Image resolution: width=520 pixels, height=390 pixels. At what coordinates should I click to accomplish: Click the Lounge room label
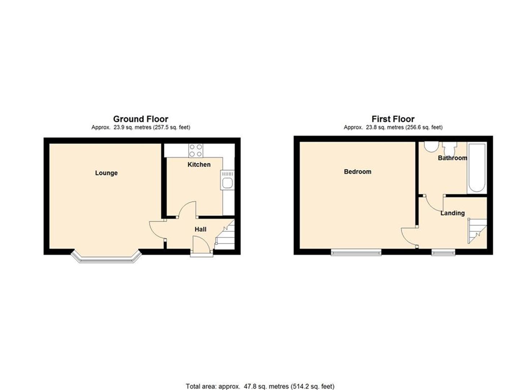tap(106, 173)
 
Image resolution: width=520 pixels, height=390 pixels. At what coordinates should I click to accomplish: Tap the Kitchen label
tap(199, 165)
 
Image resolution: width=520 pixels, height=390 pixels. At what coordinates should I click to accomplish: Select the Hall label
tap(200, 229)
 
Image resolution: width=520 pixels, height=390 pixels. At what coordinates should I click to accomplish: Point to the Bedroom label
tap(357, 172)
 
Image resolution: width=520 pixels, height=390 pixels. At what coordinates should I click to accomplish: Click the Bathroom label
tap(452, 158)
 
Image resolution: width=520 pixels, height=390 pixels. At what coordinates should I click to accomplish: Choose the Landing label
tap(452, 213)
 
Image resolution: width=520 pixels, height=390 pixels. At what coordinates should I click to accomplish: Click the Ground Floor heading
tap(140, 119)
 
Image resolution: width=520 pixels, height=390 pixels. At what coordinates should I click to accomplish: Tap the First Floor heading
tap(393, 119)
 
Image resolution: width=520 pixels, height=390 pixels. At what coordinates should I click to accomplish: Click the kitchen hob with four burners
tap(196, 150)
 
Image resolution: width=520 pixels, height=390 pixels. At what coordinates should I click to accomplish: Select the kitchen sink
tap(227, 181)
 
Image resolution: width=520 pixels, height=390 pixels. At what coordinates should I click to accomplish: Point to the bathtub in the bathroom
tap(476, 167)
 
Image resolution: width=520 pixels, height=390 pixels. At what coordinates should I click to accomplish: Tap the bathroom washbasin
tap(450, 148)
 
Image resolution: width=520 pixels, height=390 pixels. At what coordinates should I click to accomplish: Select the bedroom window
tap(356, 252)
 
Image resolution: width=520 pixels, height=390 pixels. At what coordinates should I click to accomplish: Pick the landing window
tap(443, 252)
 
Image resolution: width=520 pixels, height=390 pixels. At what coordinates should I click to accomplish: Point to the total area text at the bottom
tap(260, 386)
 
